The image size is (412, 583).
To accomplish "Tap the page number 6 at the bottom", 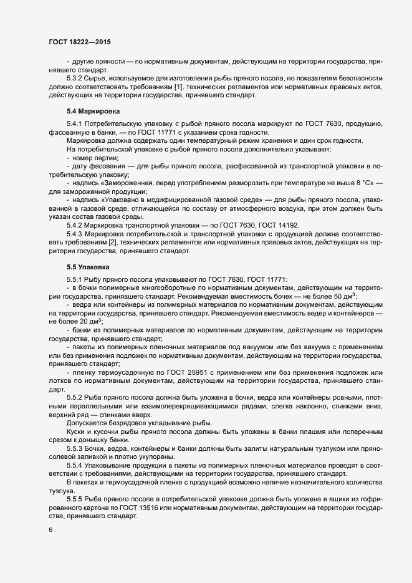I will (49, 530).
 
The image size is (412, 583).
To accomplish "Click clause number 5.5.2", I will (76, 397).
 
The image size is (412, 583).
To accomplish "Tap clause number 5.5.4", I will (76, 466).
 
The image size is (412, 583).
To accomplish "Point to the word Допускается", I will (89, 423).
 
